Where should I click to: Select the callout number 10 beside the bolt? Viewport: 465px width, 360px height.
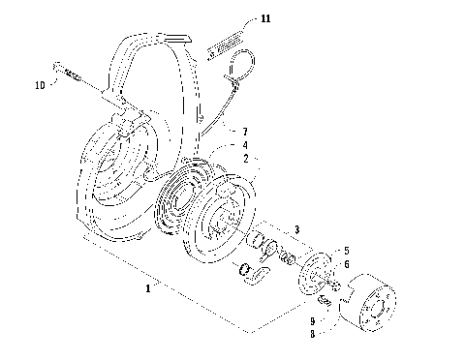point(40,85)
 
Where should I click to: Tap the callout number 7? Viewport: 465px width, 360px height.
point(246,129)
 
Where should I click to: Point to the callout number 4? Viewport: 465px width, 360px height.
point(246,144)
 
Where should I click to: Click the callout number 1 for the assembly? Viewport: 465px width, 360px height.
point(148,287)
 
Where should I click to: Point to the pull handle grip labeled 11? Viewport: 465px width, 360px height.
point(233,44)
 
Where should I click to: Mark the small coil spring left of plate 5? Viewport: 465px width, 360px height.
point(287,256)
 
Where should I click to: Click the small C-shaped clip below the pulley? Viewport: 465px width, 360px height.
point(255,278)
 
